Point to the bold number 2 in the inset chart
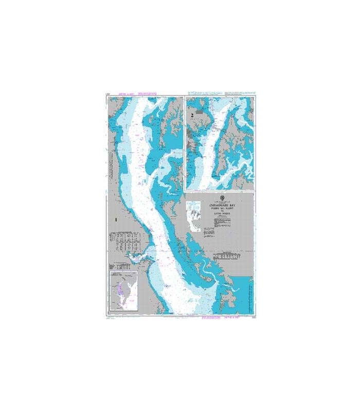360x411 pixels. click(192, 116)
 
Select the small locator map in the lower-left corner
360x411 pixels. click(123, 290)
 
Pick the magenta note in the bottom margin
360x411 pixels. click(213, 319)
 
